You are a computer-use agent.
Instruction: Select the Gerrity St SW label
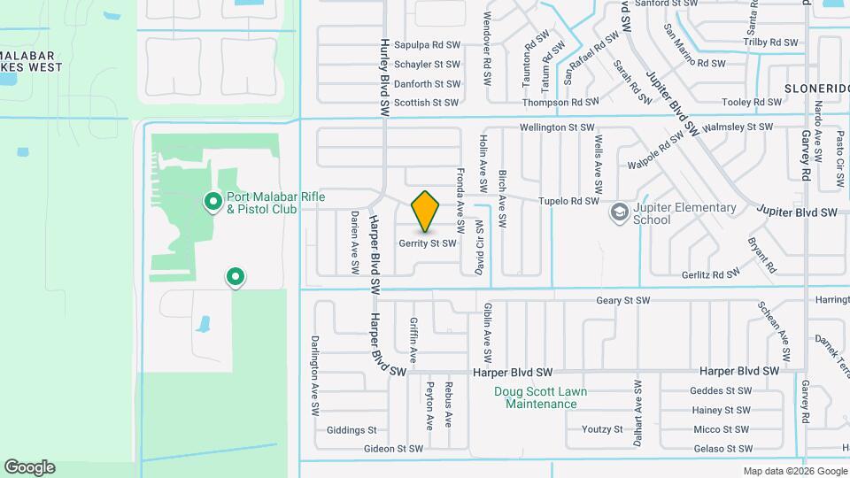[x=428, y=243]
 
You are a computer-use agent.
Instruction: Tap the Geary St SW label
[x=622, y=300]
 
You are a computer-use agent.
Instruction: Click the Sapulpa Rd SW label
[x=428, y=44]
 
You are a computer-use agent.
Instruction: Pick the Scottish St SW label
[x=427, y=103]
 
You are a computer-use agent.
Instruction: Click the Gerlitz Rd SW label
[x=711, y=274]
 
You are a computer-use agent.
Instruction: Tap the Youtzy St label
[x=602, y=429]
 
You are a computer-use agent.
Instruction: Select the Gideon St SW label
[x=393, y=449]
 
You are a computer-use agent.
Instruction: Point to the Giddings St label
[x=352, y=430]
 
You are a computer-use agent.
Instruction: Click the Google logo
[x=29, y=467]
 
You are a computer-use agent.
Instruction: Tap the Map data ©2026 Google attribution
[x=794, y=471]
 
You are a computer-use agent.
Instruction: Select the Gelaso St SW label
[x=722, y=449]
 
